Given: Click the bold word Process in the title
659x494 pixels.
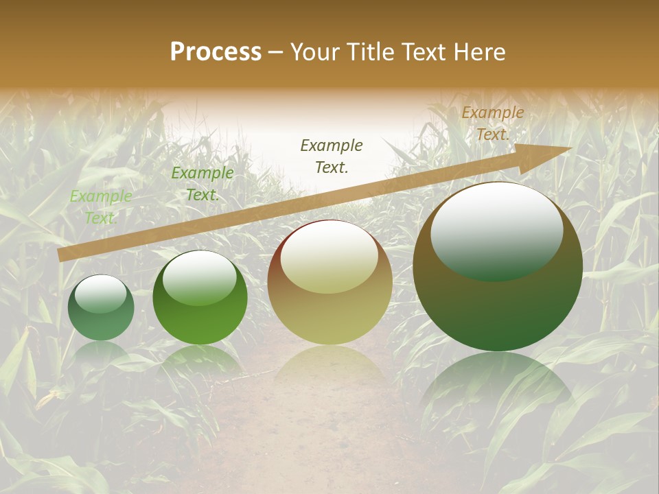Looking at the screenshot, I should [216, 51].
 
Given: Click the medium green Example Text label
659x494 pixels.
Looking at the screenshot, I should [202, 184].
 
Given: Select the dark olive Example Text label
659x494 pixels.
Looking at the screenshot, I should [332, 156].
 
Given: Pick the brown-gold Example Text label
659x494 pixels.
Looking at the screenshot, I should [492, 123].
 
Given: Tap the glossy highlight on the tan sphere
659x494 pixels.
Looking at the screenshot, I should [329, 257].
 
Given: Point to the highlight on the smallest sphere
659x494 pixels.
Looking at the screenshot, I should [100, 294].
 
